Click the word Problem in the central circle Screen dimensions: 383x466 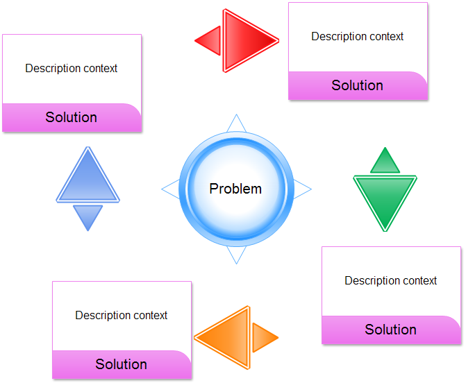(235, 188)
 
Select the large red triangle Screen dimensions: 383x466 (245, 40)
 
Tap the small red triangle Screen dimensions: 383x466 (210, 41)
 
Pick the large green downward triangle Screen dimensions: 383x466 (385, 199)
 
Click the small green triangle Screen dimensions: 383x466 (385, 162)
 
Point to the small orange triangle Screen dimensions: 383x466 (263, 338)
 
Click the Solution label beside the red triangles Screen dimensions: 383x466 (357, 85)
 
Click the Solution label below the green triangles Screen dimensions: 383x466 (390, 330)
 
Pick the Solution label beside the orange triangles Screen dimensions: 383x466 (121, 364)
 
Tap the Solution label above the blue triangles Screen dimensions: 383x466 (71, 117)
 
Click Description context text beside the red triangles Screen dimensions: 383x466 (357, 36)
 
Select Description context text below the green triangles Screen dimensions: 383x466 (390, 280)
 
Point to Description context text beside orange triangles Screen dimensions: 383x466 (121, 315)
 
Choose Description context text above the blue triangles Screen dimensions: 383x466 (71, 68)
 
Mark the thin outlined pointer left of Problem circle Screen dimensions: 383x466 (171, 188)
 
